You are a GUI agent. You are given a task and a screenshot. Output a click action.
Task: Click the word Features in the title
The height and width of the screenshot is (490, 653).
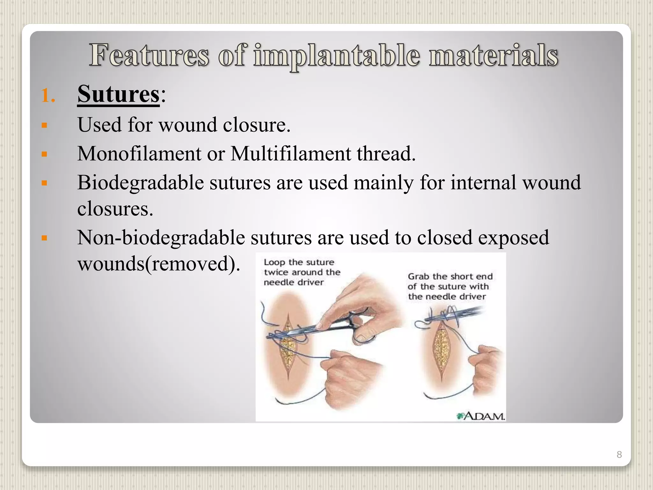[x=149, y=56]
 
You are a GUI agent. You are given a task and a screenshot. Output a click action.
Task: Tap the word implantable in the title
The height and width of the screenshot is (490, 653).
[x=336, y=56]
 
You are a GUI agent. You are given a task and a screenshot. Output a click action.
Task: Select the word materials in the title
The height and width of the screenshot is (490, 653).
[x=493, y=56]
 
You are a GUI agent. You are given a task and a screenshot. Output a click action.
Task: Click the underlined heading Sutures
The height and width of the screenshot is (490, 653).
[x=118, y=94]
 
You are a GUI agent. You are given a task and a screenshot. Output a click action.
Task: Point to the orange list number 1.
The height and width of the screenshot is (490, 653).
[x=48, y=95]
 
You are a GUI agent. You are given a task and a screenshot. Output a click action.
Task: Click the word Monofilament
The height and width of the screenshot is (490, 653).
[x=139, y=154]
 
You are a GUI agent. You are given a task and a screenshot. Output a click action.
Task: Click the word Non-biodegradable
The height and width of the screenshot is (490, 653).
[x=161, y=238]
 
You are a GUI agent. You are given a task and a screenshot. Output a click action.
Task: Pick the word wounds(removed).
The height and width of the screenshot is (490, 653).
[x=158, y=264]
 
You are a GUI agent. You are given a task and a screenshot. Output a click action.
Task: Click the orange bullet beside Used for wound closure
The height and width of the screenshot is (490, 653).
[x=44, y=125]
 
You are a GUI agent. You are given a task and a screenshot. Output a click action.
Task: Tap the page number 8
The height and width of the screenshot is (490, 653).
[x=619, y=454]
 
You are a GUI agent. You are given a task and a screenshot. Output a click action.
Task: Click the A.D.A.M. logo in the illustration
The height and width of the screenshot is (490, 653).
[x=481, y=416]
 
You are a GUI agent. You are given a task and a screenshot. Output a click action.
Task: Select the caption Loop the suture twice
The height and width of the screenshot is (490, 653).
[x=302, y=272]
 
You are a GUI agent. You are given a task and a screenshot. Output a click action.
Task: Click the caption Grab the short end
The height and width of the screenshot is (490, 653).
[x=450, y=286]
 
